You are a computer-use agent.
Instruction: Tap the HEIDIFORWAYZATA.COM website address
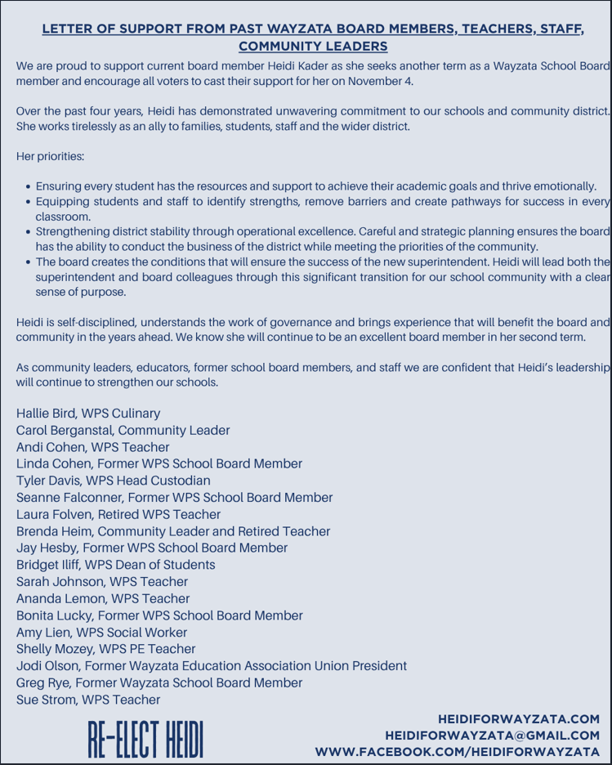click(519, 719)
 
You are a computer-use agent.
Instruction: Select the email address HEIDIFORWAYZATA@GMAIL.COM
click(493, 736)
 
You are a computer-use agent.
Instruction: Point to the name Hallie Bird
click(47, 414)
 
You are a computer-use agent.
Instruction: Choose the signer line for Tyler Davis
click(113, 481)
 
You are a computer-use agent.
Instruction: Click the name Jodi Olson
click(47, 665)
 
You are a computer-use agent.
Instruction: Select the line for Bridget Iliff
click(115, 565)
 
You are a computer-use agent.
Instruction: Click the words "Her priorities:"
click(50, 156)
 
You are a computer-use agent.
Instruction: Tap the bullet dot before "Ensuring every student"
click(29, 187)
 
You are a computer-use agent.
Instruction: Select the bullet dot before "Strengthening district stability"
click(29, 232)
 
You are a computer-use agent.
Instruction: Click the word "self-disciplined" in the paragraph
click(92, 322)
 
